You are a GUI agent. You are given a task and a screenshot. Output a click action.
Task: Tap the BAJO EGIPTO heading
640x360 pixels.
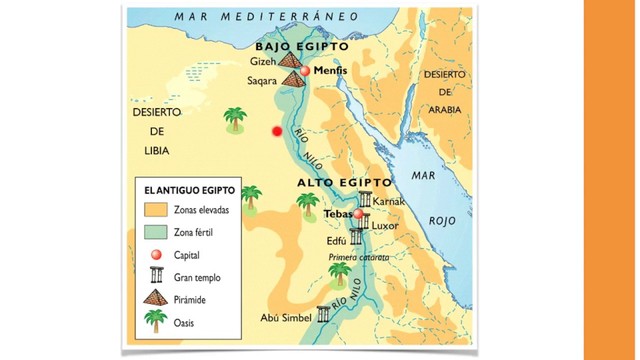[x=301, y=47]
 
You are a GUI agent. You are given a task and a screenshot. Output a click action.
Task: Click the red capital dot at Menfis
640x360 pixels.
[x=307, y=72]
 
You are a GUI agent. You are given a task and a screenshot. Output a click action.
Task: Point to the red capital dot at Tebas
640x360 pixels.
[x=358, y=214]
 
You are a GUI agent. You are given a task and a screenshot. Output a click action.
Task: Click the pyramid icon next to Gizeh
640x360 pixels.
[x=290, y=61]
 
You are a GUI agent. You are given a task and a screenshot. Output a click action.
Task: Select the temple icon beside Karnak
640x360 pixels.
[x=365, y=201]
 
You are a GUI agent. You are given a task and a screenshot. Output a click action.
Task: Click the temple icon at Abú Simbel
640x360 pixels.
[x=323, y=315]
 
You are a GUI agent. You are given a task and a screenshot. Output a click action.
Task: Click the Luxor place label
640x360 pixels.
[x=385, y=226]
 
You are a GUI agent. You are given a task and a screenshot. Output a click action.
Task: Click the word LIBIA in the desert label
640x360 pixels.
[x=155, y=150]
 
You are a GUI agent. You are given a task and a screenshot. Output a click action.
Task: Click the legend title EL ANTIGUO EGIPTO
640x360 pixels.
[x=190, y=190]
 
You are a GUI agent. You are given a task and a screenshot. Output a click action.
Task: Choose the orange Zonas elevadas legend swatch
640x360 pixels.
[x=155, y=211]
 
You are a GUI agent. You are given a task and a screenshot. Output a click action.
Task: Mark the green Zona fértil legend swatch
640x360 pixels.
[x=155, y=232]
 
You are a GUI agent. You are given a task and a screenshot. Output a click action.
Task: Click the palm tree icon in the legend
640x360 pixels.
[x=155, y=321]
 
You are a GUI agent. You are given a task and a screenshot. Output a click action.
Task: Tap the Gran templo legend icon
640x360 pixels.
[x=155, y=277]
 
